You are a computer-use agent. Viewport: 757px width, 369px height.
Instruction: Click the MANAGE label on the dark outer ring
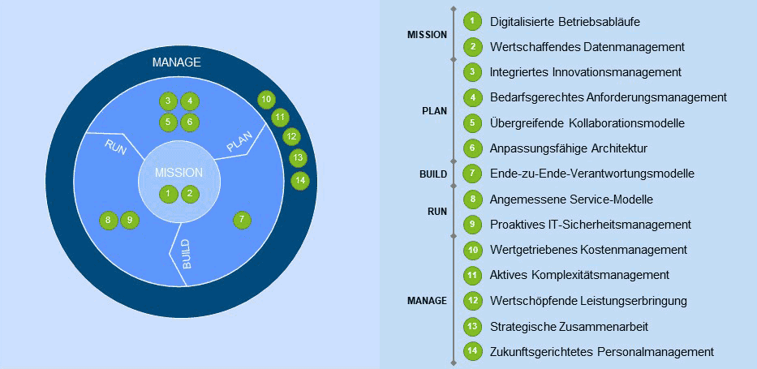[176, 62]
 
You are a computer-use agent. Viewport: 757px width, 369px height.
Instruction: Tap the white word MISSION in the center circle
[179, 174]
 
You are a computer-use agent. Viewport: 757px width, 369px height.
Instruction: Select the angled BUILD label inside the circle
[187, 254]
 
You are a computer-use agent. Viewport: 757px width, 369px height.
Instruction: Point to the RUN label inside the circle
[115, 147]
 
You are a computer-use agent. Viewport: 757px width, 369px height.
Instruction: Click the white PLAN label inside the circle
[239, 142]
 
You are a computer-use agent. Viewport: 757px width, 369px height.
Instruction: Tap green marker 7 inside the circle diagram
[242, 220]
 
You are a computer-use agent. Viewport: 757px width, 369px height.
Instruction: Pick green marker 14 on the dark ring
[300, 180]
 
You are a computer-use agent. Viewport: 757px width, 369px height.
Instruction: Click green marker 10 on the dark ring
[266, 100]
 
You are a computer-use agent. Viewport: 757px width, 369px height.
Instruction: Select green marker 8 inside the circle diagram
[108, 221]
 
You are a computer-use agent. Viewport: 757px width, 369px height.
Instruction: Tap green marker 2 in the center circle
[190, 194]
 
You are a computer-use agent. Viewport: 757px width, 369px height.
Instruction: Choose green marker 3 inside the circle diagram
[168, 101]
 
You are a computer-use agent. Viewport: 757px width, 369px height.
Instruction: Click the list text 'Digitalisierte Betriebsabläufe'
[566, 22]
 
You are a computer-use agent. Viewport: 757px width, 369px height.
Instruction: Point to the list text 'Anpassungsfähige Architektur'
[568, 148]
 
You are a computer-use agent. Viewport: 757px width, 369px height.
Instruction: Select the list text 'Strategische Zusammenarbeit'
[569, 327]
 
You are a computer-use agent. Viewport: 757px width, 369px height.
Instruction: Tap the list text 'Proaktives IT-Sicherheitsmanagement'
[591, 225]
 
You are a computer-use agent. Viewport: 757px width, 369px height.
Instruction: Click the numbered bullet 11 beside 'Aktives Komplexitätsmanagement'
[473, 276]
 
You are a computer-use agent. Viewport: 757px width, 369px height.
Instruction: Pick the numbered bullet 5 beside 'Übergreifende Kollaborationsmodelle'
[473, 123]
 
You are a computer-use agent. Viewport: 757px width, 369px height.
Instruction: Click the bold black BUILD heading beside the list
[433, 174]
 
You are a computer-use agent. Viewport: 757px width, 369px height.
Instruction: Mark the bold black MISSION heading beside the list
[428, 35]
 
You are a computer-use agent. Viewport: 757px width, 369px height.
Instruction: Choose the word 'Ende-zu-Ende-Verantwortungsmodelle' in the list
[592, 174]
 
